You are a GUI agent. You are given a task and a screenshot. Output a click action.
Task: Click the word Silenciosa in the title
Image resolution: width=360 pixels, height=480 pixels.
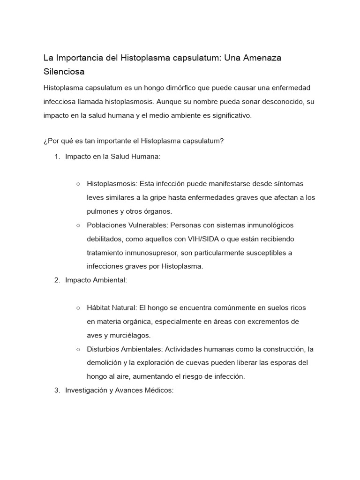click(x=64, y=72)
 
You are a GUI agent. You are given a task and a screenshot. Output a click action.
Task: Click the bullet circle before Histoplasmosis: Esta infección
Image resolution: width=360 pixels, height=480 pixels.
click(x=78, y=184)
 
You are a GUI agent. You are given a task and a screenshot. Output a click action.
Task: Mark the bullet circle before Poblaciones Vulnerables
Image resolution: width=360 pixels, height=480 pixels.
click(x=78, y=225)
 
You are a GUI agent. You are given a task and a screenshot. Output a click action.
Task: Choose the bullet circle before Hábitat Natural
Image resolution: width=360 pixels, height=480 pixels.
click(x=78, y=308)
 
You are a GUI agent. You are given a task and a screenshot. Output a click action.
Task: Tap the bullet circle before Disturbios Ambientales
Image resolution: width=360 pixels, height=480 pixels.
click(x=78, y=349)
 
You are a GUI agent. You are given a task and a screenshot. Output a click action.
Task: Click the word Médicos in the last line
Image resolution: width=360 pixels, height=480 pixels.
click(x=160, y=390)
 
